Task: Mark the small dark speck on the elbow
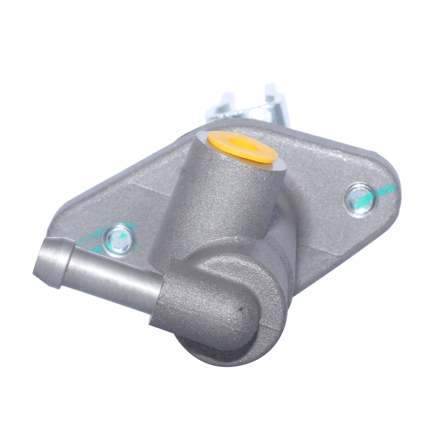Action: coord(242,310)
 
